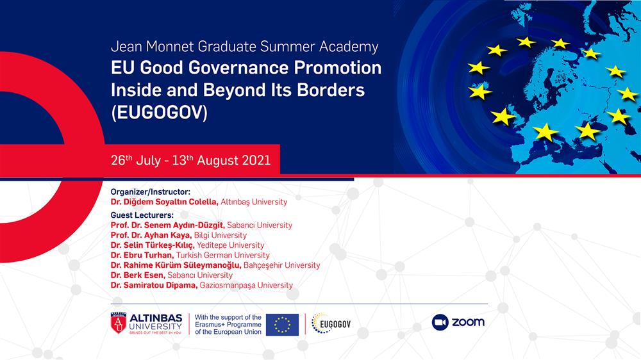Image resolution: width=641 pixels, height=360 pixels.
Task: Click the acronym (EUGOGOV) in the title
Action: point(159,112)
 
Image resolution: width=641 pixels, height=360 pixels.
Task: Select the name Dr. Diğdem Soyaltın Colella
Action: point(164,202)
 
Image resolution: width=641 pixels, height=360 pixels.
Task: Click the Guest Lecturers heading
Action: point(142,215)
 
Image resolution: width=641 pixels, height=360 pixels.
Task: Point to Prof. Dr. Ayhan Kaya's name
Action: point(151,235)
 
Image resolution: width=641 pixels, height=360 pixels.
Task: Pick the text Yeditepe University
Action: point(231,245)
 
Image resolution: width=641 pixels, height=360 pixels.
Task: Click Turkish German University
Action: point(223,255)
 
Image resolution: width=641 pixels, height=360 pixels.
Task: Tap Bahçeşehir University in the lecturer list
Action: point(281,265)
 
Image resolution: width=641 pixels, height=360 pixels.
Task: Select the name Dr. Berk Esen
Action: point(138,275)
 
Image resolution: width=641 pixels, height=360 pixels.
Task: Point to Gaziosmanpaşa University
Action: point(247,285)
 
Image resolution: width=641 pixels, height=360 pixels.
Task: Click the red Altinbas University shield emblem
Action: point(119,323)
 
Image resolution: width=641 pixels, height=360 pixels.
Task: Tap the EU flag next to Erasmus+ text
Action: point(283,325)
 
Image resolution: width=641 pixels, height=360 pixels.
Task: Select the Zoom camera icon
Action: point(440,322)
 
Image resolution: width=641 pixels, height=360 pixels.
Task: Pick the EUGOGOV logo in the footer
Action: point(331,323)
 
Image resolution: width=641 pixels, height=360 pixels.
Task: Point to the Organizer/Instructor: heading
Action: point(151,192)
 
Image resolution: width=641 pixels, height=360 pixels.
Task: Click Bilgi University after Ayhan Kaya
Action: point(221,235)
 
